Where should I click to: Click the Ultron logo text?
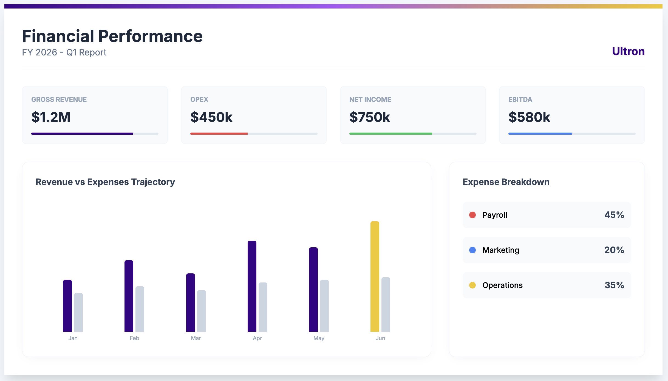pyautogui.click(x=628, y=51)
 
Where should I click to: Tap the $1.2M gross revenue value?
pyautogui.click(x=51, y=117)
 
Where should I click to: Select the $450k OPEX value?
pyautogui.click(x=211, y=117)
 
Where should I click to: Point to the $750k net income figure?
pyautogui.click(x=370, y=117)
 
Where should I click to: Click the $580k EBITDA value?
pyautogui.click(x=529, y=117)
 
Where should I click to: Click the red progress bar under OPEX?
pyautogui.click(x=219, y=134)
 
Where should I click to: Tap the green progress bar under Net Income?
pyautogui.click(x=390, y=134)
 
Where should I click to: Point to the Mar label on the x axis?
pyautogui.click(x=196, y=338)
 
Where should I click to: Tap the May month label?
pyautogui.click(x=319, y=338)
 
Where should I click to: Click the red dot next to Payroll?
pyautogui.click(x=472, y=215)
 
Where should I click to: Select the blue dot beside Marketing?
pyautogui.click(x=472, y=250)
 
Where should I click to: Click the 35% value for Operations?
pyautogui.click(x=614, y=285)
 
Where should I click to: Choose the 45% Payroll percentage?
pyautogui.click(x=614, y=215)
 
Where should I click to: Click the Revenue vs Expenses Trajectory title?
pyautogui.click(x=105, y=182)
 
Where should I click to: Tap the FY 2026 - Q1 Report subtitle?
pyautogui.click(x=64, y=52)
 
